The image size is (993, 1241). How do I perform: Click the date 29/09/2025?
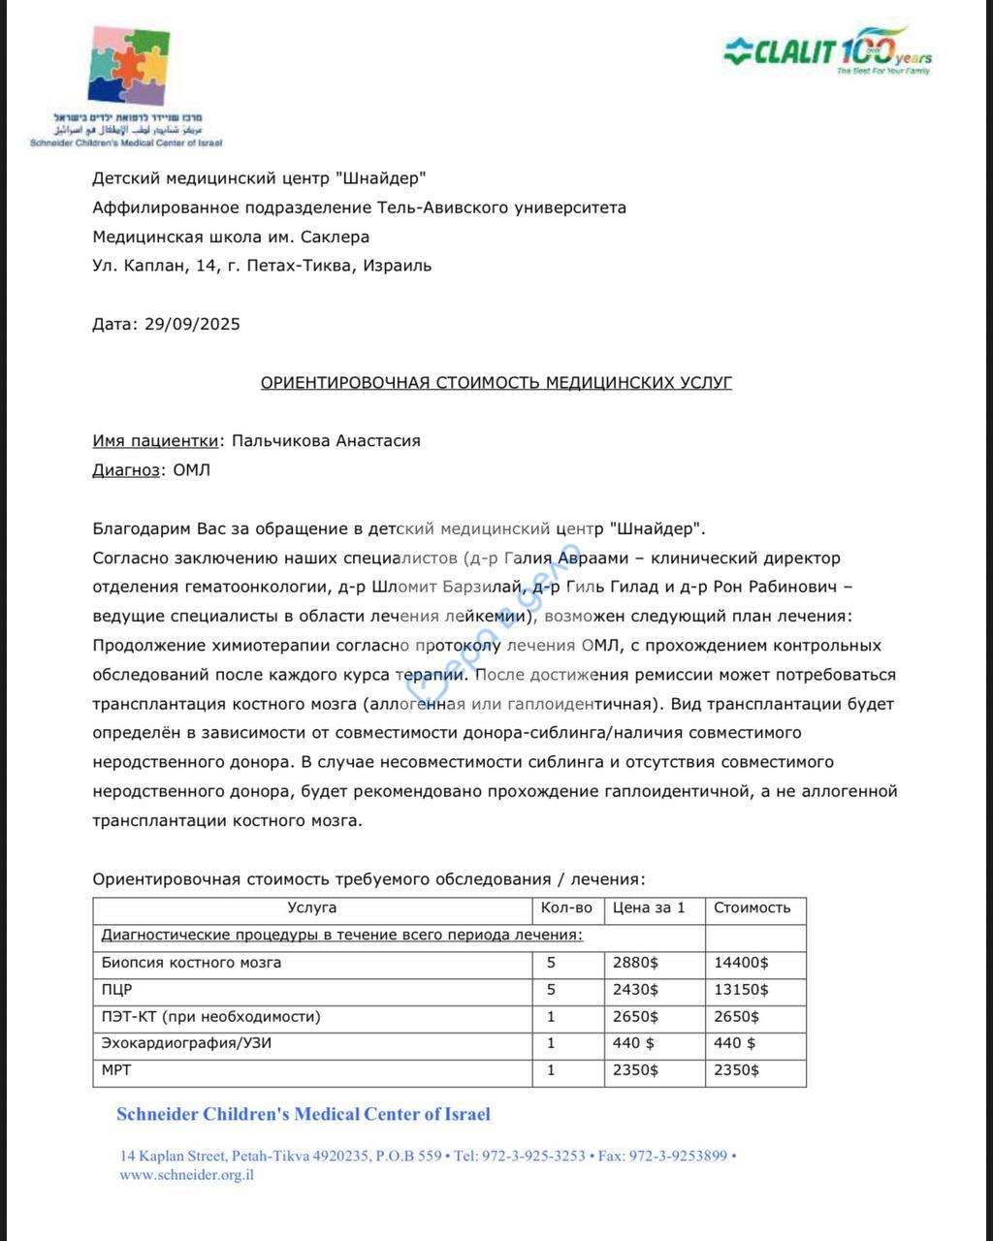tap(192, 324)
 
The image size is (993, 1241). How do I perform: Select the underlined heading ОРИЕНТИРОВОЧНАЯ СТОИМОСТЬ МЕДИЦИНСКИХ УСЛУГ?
tap(496, 383)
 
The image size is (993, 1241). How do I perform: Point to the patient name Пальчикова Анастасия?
tap(326, 441)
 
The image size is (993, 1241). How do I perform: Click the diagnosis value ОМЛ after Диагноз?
tap(191, 470)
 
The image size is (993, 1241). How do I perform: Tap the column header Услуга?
tap(312, 908)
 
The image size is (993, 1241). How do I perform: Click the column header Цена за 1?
tap(649, 908)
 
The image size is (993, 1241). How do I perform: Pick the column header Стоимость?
tap(752, 908)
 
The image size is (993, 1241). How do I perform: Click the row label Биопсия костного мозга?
tap(192, 963)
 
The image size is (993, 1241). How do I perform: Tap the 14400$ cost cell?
tap(741, 963)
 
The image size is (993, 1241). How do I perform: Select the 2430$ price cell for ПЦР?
tap(635, 990)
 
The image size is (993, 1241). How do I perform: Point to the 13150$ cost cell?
tap(741, 990)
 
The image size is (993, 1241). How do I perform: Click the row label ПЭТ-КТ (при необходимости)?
tap(211, 1017)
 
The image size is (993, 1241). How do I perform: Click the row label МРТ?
tap(116, 1071)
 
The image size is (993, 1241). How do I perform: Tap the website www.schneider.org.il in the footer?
tap(187, 1175)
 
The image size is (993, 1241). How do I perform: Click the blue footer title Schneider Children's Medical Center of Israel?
tap(304, 1114)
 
